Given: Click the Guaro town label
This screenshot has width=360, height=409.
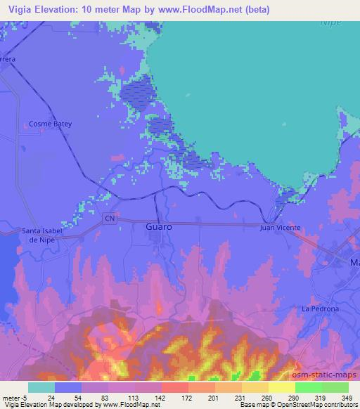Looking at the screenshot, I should (x=159, y=228).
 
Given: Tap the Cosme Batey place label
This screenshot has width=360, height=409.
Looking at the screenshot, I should (x=51, y=124).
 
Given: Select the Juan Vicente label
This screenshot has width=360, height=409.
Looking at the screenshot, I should (x=280, y=228).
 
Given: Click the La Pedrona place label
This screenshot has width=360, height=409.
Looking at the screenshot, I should (x=320, y=309).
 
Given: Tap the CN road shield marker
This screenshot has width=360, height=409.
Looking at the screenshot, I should (x=110, y=219).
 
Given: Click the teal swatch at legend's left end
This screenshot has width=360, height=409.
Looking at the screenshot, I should (x=41, y=387).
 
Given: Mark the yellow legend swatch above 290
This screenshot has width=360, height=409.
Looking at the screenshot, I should (x=281, y=387).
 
